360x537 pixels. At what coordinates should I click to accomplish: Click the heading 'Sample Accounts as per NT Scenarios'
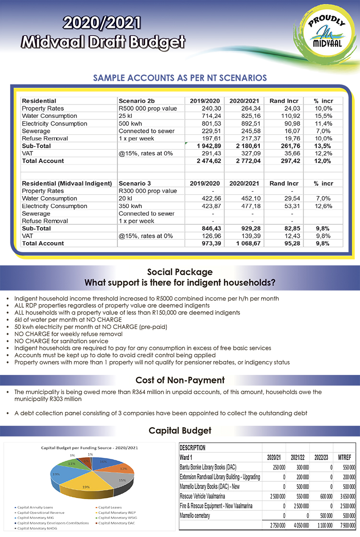(180, 78)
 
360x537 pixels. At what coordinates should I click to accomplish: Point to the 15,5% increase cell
(324, 116)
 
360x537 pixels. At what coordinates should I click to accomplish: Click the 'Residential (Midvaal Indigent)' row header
(67, 184)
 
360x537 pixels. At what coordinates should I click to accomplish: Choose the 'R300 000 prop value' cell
(148, 191)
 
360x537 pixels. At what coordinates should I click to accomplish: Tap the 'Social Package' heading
(180, 272)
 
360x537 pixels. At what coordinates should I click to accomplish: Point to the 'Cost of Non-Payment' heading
(180, 380)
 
